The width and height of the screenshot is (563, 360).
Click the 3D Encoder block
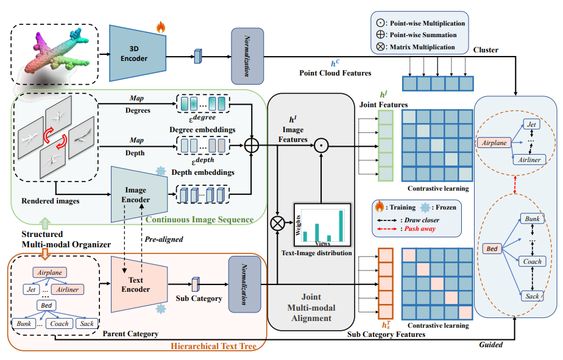click(138, 54)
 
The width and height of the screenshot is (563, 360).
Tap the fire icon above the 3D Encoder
click(160, 27)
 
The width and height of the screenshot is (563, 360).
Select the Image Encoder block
click(139, 194)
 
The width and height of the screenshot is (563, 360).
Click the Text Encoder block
click(139, 284)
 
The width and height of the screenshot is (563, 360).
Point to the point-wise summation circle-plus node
click(251, 146)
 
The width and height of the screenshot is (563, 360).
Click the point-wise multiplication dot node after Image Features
click(321, 146)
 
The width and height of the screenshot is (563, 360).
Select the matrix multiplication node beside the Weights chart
click(277, 224)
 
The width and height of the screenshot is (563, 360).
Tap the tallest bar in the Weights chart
click(341, 226)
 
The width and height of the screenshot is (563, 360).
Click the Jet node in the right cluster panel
click(531, 124)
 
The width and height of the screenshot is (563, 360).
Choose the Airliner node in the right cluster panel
click(529, 160)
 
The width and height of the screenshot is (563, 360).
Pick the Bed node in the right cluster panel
click(492, 249)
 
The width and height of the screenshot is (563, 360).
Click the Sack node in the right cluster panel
click(532, 296)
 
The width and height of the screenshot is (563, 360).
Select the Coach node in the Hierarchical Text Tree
click(59, 323)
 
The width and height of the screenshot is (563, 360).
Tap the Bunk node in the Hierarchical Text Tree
click(24, 323)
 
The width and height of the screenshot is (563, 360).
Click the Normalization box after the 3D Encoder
click(247, 57)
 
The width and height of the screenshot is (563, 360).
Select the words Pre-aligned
click(164, 239)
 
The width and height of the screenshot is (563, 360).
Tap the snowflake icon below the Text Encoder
click(160, 309)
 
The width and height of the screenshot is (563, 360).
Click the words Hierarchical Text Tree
click(213, 346)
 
